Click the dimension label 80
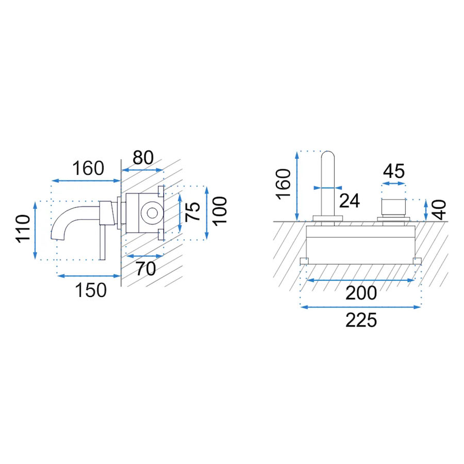click(x=143, y=157)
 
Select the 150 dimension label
click(x=91, y=290)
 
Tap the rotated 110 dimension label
click(x=23, y=229)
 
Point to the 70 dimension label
click(x=145, y=269)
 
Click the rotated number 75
click(x=192, y=212)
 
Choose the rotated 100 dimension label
click(x=220, y=211)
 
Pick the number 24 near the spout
click(x=349, y=201)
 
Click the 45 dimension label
click(x=393, y=171)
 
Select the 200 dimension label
click(x=361, y=293)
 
